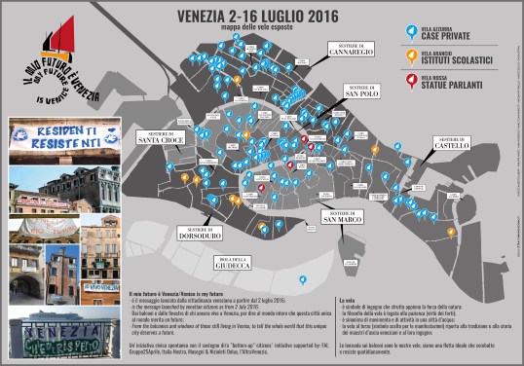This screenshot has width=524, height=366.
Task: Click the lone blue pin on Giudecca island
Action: click(x=303, y=280)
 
